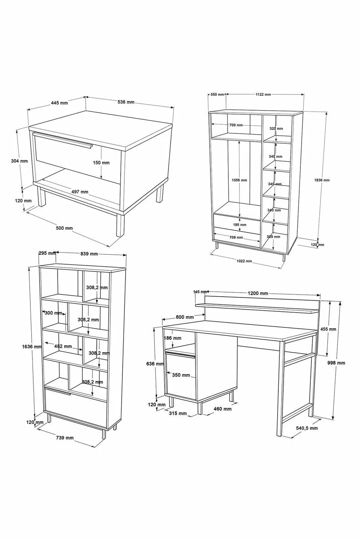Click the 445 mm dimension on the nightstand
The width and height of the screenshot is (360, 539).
coord(59,103)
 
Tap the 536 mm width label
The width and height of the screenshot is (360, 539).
coord(126,102)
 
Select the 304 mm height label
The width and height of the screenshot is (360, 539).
coord(19,161)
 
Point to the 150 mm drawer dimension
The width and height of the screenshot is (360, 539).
coord(101,162)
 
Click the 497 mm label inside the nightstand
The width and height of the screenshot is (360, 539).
coord(80,192)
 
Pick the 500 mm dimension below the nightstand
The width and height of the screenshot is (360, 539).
coord(64,228)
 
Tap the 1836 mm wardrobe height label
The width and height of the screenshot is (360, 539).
coord(322,180)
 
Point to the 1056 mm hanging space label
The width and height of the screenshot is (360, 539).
coord(239,180)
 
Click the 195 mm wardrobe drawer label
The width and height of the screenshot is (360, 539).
coord(240,225)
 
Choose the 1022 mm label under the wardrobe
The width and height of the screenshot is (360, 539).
coord(244,261)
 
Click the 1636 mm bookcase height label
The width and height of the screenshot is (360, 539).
coord(32,347)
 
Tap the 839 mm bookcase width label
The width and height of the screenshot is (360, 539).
coord(89,254)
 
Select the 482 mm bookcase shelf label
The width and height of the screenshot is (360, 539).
coord(63,346)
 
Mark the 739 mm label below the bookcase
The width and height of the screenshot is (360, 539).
coord(65,438)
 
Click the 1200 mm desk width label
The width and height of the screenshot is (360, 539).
coord(258,293)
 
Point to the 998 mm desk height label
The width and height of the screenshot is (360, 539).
coord(336,363)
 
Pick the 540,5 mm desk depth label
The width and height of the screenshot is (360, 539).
coord(307,428)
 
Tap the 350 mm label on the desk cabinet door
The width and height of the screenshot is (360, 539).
coord(181,375)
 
